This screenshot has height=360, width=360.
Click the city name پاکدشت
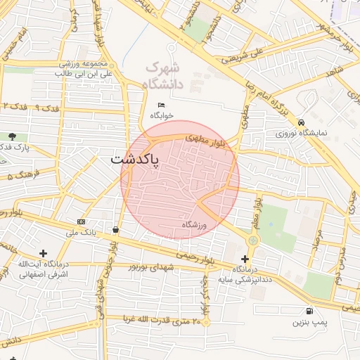(x=134, y=160)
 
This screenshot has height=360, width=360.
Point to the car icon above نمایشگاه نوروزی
(x=301, y=121)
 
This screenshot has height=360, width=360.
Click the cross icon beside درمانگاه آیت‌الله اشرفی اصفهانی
(x=44, y=253)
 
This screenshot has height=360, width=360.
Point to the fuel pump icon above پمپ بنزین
(x=309, y=311)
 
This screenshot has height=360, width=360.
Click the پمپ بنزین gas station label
(x=309, y=323)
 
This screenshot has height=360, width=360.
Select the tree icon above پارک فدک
(x=12, y=136)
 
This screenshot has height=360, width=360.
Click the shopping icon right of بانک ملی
(x=115, y=229)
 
